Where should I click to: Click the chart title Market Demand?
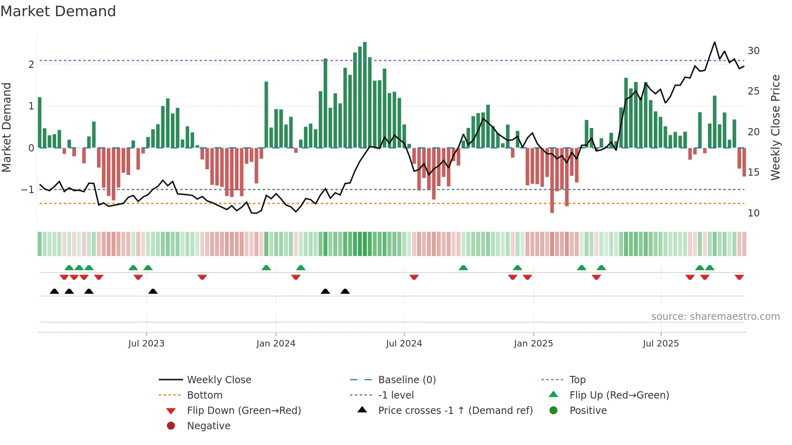coord(58,11)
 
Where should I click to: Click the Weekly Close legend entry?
coord(219,380)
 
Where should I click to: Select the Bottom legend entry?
coord(204,395)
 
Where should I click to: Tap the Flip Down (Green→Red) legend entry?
coord(244,411)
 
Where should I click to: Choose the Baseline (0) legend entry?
coord(407,380)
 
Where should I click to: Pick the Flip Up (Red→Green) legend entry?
coord(619,395)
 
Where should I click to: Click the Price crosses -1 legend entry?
coord(455,411)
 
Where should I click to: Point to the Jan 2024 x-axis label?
coord(276,344)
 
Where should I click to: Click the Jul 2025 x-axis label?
coord(661,344)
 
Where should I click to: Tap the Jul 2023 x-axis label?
coord(146,344)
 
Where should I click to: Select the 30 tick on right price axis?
coord(754,51)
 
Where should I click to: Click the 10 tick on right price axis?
coord(754,213)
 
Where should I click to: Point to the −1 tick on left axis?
coord(27,190)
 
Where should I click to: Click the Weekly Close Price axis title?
coord(775,127)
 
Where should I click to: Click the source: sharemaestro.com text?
coord(715,317)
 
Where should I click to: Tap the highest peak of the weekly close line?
coord(714,42)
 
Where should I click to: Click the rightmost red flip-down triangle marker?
coord(739,277)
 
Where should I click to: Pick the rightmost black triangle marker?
coord(345,292)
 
